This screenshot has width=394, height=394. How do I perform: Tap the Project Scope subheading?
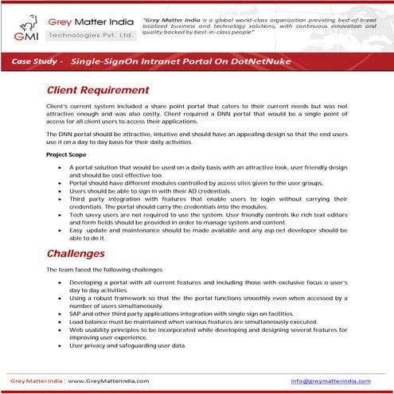(68, 154)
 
